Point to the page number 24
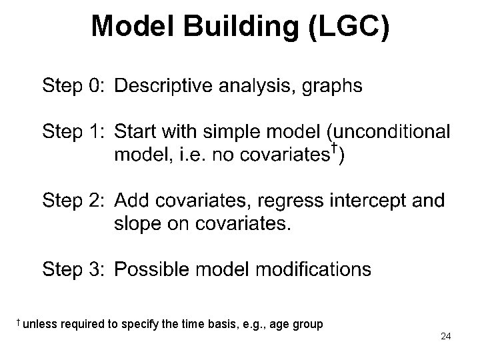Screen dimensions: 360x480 [x=445, y=337]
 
